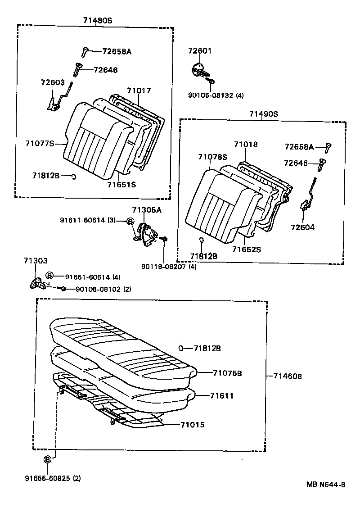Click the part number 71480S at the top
point(97,20)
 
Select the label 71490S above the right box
point(264,114)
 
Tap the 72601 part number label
point(199,51)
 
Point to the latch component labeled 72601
point(200,70)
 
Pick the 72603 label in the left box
point(53,83)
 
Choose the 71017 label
point(139,91)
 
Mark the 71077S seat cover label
point(40,143)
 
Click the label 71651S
point(121,184)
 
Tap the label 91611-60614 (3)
point(88,220)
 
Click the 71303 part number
point(36,261)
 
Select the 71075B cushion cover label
point(228,373)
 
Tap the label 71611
point(222,396)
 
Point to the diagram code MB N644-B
point(326,485)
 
